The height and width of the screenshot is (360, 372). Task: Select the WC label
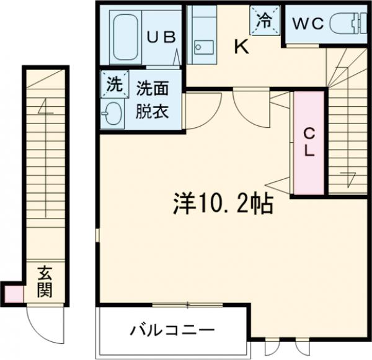(x=308, y=24)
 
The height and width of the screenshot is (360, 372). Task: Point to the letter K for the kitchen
(x=241, y=47)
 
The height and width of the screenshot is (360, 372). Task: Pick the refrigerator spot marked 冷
(x=263, y=19)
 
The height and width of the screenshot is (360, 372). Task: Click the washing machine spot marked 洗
(x=113, y=84)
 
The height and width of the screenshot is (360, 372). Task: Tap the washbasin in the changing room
(x=113, y=113)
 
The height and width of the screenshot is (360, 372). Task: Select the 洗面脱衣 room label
(x=152, y=101)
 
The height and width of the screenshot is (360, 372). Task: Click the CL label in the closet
(x=308, y=142)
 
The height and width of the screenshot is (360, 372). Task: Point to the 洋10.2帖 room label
(x=221, y=203)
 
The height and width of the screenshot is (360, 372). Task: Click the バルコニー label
(x=172, y=329)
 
